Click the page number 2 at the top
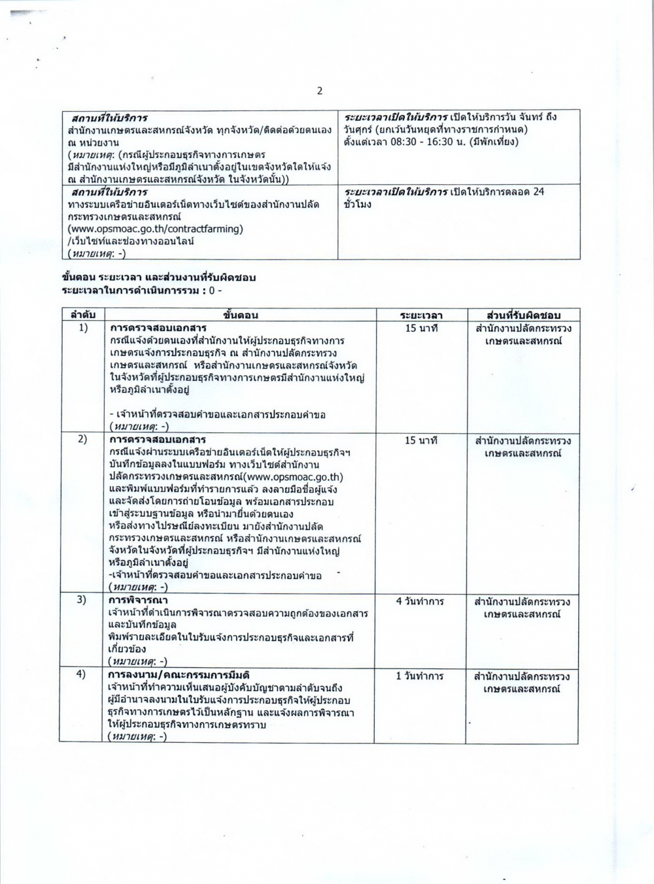[x=320, y=91]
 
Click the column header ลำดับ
[x=83, y=315]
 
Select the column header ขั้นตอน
[x=241, y=315]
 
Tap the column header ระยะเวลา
[x=421, y=315]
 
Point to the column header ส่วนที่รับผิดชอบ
[x=520, y=315]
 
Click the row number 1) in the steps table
[x=83, y=327]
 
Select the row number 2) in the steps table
[x=83, y=439]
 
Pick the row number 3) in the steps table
[x=83, y=600]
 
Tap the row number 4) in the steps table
[x=83, y=675]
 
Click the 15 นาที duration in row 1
[x=421, y=328]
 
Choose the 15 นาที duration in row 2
[x=421, y=440]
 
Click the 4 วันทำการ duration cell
[x=421, y=600]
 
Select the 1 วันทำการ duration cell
[x=421, y=676]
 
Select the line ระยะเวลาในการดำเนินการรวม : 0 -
[x=142, y=289]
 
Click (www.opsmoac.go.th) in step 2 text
[x=293, y=476]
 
